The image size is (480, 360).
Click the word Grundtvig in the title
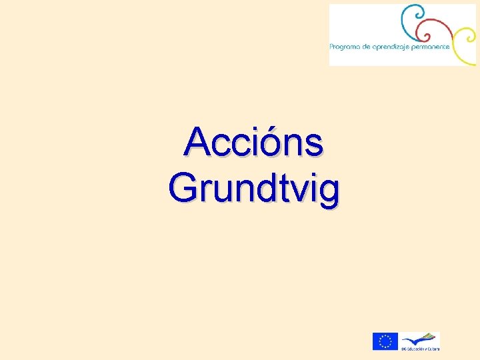coord(254,187)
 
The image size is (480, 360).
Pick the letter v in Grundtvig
coord(296,189)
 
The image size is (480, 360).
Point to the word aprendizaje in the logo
coord(391,47)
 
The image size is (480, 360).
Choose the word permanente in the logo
coord(431,47)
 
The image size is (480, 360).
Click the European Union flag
coord(385,341)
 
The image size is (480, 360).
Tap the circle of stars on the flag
coord(385,341)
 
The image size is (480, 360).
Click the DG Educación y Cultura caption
coord(420,349)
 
